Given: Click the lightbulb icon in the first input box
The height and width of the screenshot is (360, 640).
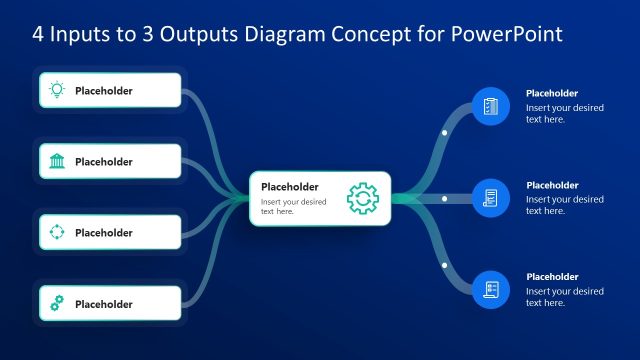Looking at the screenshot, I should click(x=57, y=90).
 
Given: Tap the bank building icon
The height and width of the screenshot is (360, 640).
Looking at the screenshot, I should click(x=57, y=161).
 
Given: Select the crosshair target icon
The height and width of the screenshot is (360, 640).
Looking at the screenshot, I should click(x=57, y=232).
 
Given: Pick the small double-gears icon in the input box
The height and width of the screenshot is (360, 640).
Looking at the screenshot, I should click(x=57, y=303).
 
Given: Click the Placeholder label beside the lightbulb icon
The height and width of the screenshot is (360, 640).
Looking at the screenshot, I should click(x=104, y=91).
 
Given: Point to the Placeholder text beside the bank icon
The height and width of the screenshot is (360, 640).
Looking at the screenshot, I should click(x=104, y=162).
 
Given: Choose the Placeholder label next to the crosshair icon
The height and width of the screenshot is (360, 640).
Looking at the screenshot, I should click(x=104, y=233).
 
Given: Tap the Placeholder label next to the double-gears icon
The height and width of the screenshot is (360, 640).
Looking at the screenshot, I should click(x=104, y=304).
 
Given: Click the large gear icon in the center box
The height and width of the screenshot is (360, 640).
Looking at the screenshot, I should click(x=362, y=198).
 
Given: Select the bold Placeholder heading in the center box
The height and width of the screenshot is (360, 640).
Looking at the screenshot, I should click(x=289, y=186).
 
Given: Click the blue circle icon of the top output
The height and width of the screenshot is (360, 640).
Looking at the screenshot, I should click(x=490, y=106).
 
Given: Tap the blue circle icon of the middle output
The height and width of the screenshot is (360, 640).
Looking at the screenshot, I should click(x=490, y=198).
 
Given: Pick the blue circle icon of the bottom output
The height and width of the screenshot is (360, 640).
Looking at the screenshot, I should click(x=490, y=289).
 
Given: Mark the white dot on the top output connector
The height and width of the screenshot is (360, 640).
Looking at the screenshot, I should click(x=444, y=132).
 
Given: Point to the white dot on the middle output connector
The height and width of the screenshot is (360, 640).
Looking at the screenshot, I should click(x=444, y=198).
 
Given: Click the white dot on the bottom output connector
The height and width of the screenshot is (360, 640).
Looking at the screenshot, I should click(x=444, y=265).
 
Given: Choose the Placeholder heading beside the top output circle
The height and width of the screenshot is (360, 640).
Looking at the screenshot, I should click(x=552, y=94).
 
